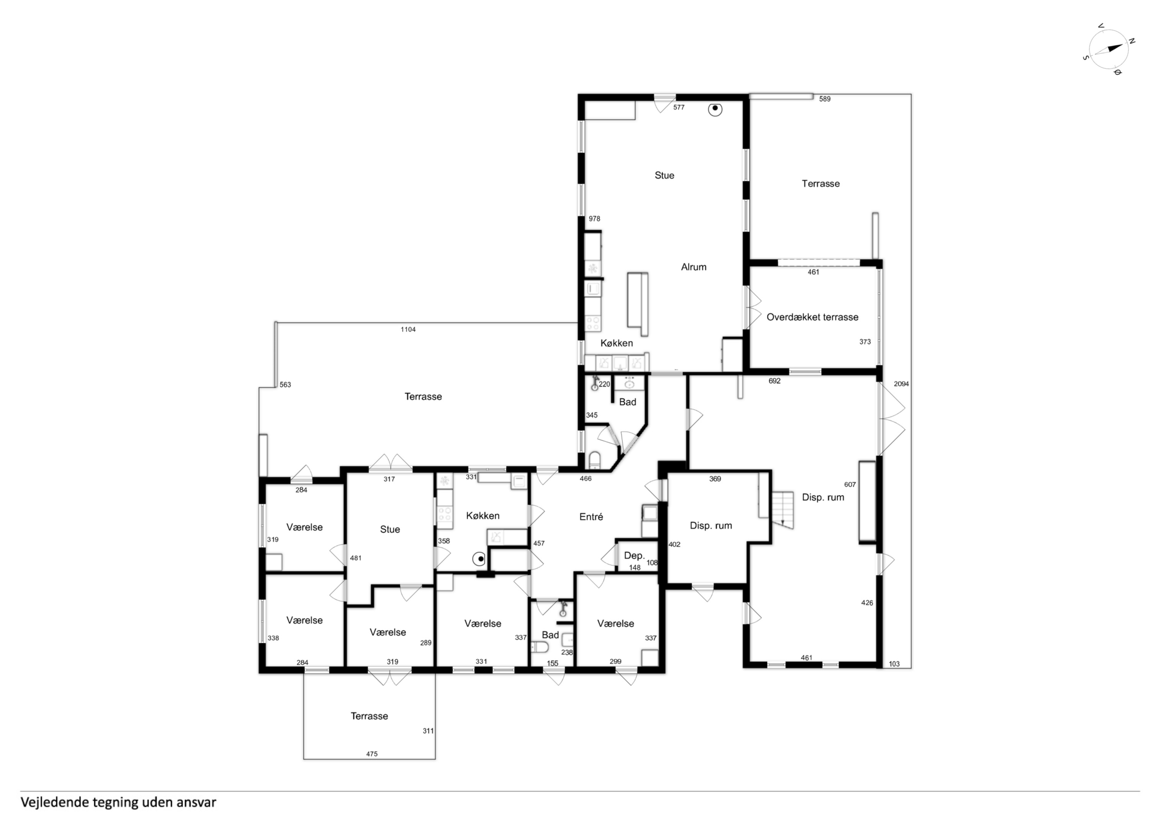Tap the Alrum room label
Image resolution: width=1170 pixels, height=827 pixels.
point(694,266)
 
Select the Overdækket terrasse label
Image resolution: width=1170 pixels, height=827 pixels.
point(812,317)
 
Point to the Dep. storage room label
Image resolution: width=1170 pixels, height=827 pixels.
point(635,556)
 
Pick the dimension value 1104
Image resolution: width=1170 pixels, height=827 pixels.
point(408,330)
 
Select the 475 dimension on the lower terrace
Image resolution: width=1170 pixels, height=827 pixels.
point(371,754)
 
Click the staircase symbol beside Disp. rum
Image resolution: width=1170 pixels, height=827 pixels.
point(783,510)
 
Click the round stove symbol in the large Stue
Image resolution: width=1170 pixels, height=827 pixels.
point(715,108)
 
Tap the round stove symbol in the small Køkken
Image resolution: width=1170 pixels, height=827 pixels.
point(479,559)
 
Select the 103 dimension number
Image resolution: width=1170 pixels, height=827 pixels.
point(894,664)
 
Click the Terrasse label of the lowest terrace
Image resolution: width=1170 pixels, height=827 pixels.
point(370,716)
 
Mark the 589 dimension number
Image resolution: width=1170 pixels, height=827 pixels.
point(825,100)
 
